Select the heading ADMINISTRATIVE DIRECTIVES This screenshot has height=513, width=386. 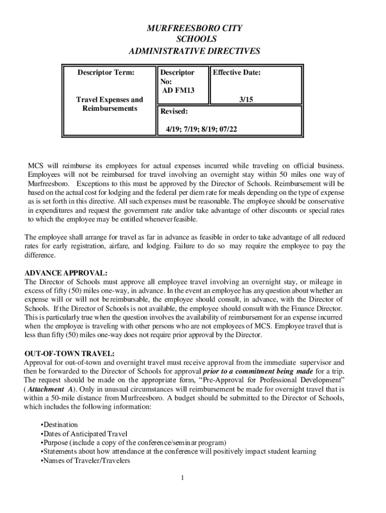pyautogui.click(x=194, y=51)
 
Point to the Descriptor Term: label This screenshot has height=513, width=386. pyautogui.click(x=106, y=73)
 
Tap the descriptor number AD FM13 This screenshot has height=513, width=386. pyautogui.click(x=178, y=90)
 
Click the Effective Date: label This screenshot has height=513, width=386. pyautogui.click(x=237, y=73)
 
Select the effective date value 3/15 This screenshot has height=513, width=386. pyautogui.click(x=246, y=100)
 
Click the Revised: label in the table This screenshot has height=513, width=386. pyautogui.click(x=174, y=111)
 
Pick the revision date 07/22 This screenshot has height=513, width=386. pyautogui.click(x=227, y=129)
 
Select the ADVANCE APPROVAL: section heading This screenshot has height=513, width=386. pyautogui.click(x=66, y=273)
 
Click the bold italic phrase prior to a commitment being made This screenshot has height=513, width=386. pyautogui.click(x=258, y=371)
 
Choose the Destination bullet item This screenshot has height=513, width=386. pyautogui.click(x=59, y=425)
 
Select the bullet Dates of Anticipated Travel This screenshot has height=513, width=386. pyautogui.click(x=83, y=434)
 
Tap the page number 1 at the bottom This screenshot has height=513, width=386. pyautogui.click(x=183, y=477)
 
